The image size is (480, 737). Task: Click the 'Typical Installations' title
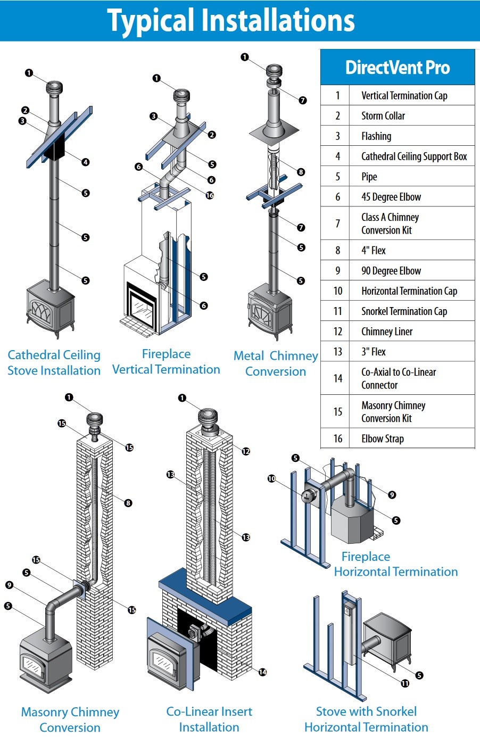pos(231,21)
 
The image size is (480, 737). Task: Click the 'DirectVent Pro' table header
pos(398,68)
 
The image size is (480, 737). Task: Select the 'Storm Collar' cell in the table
pos(383,115)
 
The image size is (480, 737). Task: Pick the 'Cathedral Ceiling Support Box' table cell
pos(414,156)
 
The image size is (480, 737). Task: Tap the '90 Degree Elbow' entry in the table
pos(391,270)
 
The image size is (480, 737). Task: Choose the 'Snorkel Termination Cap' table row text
pos(404,311)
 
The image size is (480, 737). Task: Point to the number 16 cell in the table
pos(337,438)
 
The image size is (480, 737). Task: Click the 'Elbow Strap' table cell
pos(383,438)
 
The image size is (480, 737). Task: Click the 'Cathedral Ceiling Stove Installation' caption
pos(54,362)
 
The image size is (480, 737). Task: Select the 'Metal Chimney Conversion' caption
pos(276,363)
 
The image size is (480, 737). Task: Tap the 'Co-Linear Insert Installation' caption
pos(209,719)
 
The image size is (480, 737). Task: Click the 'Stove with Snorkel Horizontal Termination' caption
pos(366,719)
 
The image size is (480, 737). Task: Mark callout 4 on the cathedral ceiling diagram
pos(86,162)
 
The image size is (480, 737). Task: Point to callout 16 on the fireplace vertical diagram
pos(210,195)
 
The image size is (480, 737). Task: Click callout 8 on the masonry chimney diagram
pos(128,503)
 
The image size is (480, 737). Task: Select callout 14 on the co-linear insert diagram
pos(262,672)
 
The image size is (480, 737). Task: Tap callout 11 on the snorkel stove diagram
pos(405,683)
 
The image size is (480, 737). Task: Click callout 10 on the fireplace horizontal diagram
pos(271,479)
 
